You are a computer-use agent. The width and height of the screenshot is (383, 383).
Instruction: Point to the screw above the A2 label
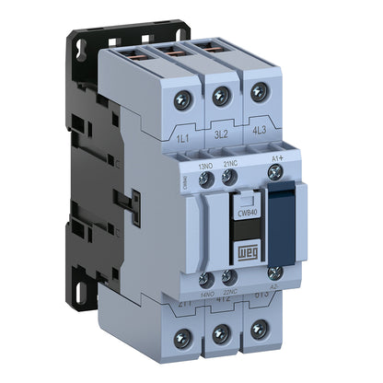coord(274,273)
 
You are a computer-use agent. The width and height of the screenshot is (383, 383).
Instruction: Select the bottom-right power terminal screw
coord(260,330)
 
